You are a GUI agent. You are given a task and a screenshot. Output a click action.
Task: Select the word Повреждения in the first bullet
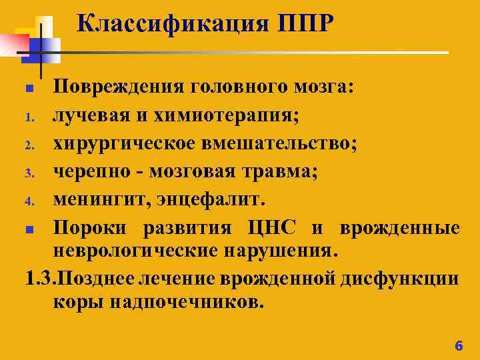coord(117,87)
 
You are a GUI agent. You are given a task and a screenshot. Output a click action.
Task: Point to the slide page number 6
coord(457,345)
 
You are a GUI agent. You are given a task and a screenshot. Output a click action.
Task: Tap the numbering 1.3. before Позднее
coord(36,277)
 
